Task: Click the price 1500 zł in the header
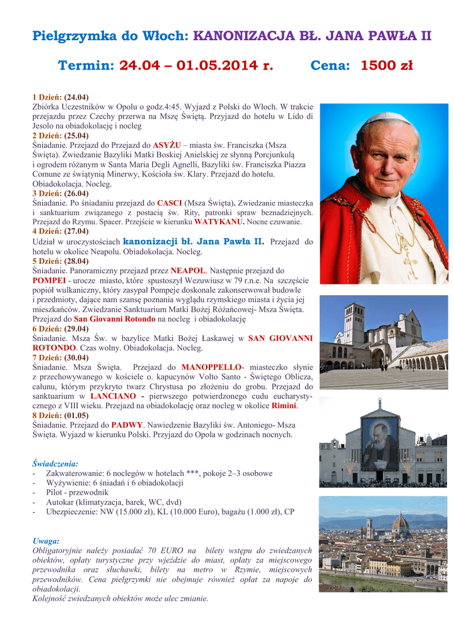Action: coord(386,66)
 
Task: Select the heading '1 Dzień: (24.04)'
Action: coord(60,97)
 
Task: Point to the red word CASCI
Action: coord(169,203)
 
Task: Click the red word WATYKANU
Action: coord(219,222)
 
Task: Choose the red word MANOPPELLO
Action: coord(212,367)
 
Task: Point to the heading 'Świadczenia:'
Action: coord(55,463)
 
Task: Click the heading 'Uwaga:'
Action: coord(46,540)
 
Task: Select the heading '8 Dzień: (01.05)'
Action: coord(60,415)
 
